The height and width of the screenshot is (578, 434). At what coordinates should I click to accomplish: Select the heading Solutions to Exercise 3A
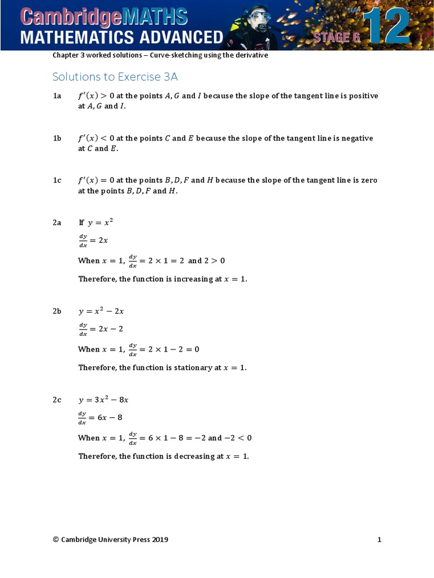pos(115,77)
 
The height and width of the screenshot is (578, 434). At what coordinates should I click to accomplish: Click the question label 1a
pos(57,96)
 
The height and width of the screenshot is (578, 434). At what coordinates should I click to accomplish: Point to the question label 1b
pos(57,138)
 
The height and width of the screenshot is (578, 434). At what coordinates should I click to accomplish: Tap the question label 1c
pos(57,181)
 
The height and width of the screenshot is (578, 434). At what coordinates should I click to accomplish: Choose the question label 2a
pos(57,223)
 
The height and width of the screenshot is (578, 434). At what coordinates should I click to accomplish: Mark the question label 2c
pos(57,400)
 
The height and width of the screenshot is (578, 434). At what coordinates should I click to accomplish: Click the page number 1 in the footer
pos(379,540)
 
